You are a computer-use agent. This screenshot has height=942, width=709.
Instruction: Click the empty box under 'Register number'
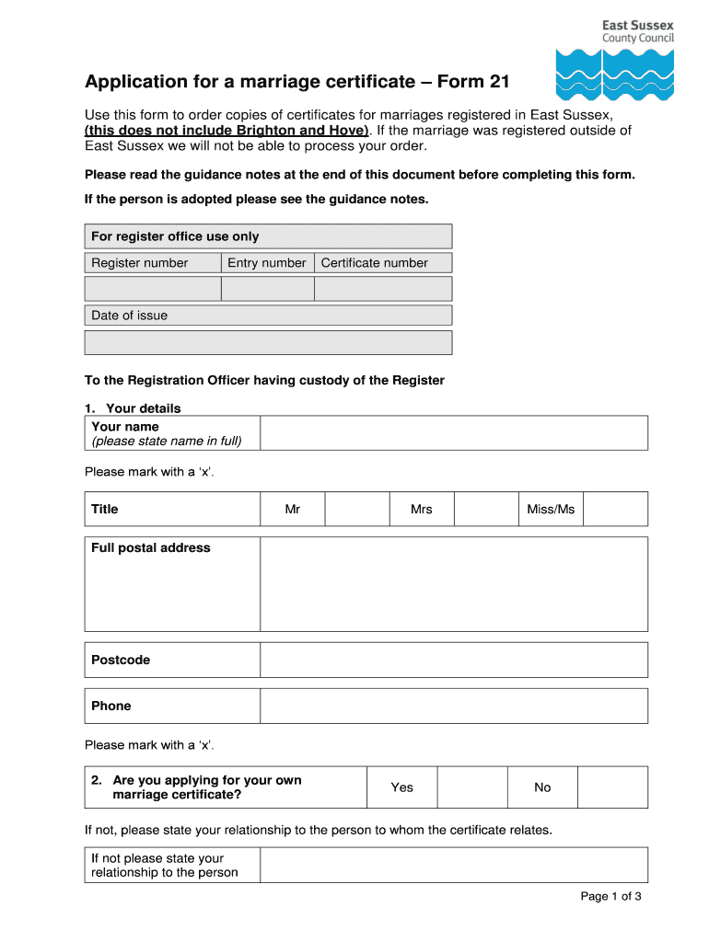click(x=153, y=289)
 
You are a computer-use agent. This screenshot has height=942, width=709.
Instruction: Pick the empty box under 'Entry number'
click(x=268, y=289)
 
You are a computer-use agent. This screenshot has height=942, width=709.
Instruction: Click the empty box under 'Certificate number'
click(x=383, y=289)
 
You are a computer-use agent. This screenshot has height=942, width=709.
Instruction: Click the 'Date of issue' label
click(x=130, y=316)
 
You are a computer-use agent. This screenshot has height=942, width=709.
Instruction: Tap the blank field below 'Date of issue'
click(x=268, y=343)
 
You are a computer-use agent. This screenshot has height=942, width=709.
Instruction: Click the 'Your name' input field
click(x=454, y=433)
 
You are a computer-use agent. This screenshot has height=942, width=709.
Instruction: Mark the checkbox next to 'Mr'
click(x=357, y=509)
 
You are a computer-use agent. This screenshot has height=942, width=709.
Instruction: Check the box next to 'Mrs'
click(x=486, y=509)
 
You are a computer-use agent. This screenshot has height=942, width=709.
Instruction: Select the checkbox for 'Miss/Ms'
click(x=615, y=509)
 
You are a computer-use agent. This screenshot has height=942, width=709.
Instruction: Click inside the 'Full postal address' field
click(x=454, y=584)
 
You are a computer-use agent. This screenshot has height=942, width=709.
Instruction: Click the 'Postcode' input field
click(x=454, y=661)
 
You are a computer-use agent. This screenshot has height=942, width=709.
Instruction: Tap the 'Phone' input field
click(x=454, y=706)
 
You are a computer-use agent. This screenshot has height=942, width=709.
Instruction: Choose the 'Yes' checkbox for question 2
click(x=472, y=787)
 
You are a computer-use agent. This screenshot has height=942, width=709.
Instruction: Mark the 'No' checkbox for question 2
click(x=612, y=787)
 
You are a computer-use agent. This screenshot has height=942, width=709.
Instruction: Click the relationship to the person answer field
click(x=454, y=866)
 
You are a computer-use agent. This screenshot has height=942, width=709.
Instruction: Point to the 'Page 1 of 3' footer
click(x=610, y=897)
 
